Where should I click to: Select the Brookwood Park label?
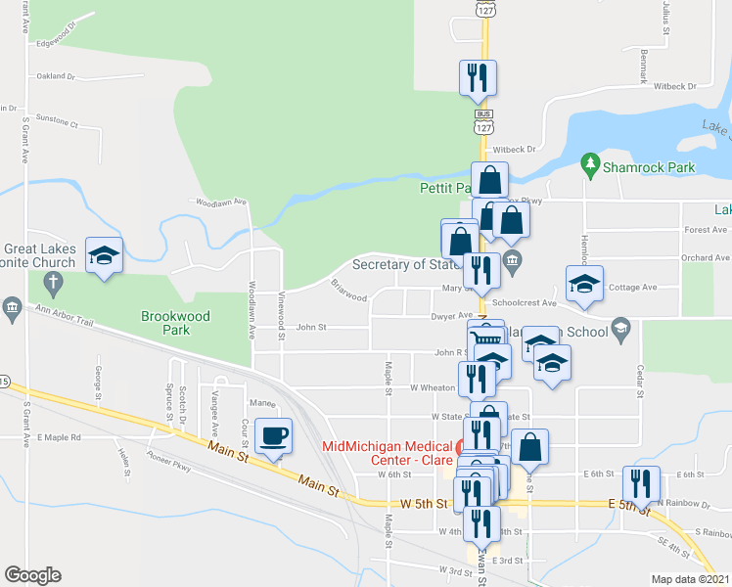177,317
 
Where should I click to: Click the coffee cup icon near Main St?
274,435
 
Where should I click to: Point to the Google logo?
32,575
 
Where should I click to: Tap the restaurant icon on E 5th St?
642,483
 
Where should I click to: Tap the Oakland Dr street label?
56,75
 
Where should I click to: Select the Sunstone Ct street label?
57,124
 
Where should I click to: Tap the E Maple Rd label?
59,437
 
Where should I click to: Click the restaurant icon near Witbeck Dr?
478,77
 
